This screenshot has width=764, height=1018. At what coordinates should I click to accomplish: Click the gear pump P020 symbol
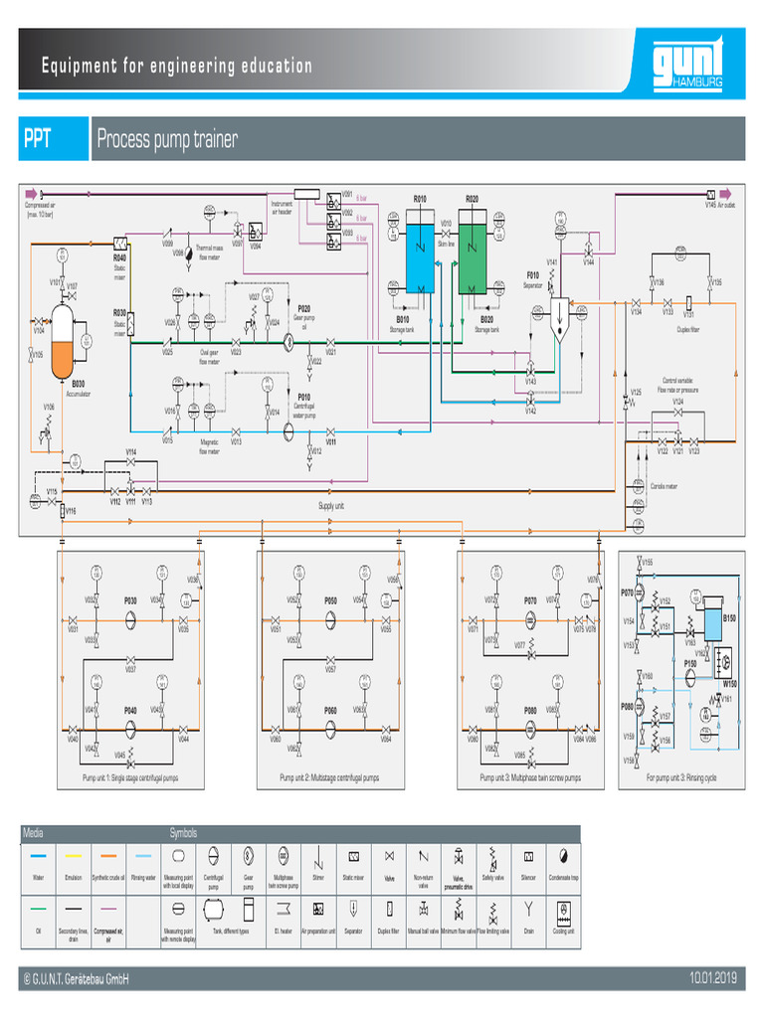coord(286,340)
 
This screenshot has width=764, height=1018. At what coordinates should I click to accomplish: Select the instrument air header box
coord(305,193)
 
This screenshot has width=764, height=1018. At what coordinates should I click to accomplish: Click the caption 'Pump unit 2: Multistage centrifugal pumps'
coord(329,777)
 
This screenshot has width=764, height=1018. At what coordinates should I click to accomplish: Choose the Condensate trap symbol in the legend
coord(563,855)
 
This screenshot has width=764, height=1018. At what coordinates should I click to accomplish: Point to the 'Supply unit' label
coord(331,505)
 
